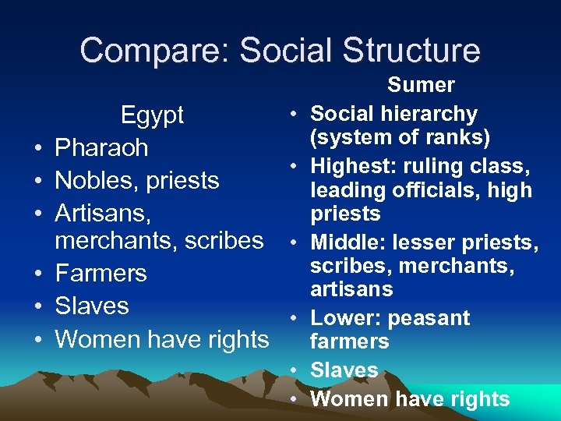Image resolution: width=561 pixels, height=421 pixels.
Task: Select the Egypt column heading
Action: click(x=152, y=115)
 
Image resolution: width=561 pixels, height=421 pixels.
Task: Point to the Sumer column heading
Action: click(x=421, y=84)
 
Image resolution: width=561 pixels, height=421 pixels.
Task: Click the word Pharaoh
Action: click(x=101, y=148)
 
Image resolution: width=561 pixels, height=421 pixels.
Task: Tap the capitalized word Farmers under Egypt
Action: click(x=101, y=274)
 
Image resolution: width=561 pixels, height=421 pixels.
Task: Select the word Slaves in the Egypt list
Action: click(x=91, y=306)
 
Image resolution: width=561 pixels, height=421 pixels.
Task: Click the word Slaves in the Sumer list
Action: click(x=344, y=370)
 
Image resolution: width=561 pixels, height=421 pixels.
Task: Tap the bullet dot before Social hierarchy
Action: click(x=291, y=115)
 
